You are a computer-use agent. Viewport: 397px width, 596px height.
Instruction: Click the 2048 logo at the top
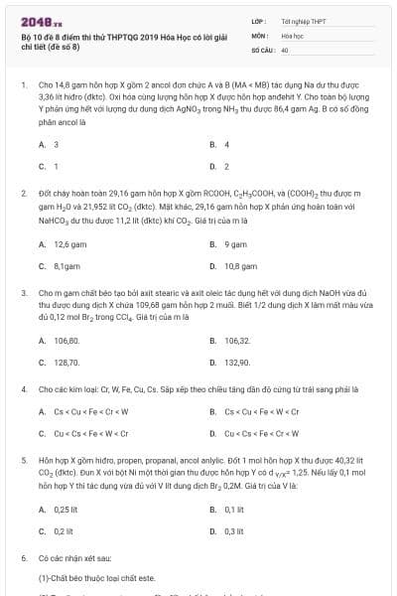click(37, 20)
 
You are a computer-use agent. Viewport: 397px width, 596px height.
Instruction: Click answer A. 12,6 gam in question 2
click(58, 244)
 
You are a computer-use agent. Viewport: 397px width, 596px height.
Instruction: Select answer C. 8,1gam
click(58, 265)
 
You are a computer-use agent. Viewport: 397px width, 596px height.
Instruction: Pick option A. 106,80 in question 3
click(59, 340)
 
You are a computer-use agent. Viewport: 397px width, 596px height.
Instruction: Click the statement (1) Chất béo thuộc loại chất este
click(95, 578)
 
